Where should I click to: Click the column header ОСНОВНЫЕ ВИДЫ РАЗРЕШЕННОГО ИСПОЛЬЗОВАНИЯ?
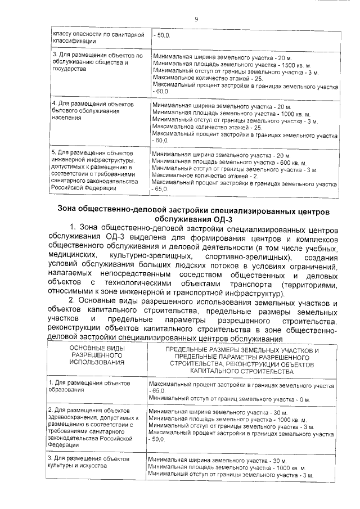coord(97,355)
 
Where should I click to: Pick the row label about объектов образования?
coord(89,386)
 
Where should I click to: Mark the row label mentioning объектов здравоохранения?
coord(92,427)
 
